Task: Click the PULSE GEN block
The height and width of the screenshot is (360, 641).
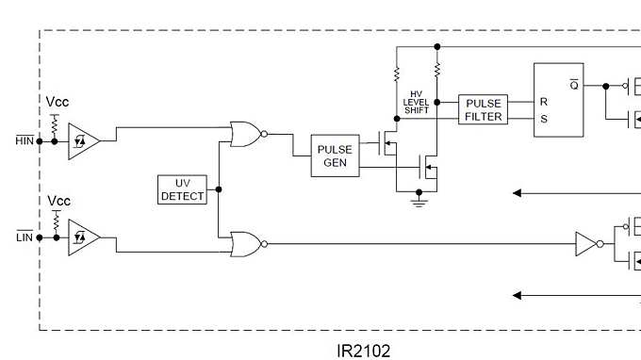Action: (x=335, y=155)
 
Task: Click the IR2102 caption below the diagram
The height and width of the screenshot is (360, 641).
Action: (x=363, y=351)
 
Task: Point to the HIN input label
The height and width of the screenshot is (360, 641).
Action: (x=25, y=140)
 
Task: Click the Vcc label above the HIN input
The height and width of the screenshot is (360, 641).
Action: (x=58, y=102)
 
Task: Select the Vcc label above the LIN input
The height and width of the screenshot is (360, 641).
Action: (x=58, y=201)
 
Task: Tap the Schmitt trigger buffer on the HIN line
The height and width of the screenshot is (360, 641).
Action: (x=82, y=140)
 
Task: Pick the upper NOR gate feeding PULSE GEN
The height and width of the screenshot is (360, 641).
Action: (x=246, y=134)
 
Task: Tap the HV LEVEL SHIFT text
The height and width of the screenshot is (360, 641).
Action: (x=416, y=102)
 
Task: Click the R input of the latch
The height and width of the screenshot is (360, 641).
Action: (x=543, y=100)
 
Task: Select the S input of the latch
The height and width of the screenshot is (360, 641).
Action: (x=543, y=119)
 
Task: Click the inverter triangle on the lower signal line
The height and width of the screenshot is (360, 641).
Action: (x=588, y=244)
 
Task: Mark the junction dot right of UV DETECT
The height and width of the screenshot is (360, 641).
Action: (x=218, y=189)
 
